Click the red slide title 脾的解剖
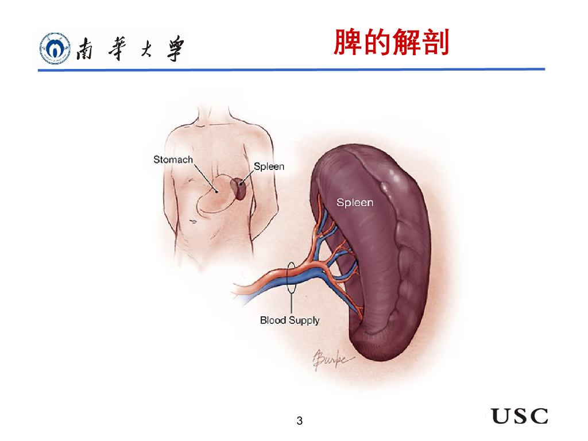point(391,44)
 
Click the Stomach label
point(173,160)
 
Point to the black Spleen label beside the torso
point(269,167)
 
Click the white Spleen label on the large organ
point(354,202)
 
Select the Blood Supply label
point(289,320)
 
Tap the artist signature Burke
point(331,359)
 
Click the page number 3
point(299,421)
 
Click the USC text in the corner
point(519,416)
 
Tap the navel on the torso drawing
point(194,220)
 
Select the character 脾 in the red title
point(347,44)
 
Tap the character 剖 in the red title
point(435,44)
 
